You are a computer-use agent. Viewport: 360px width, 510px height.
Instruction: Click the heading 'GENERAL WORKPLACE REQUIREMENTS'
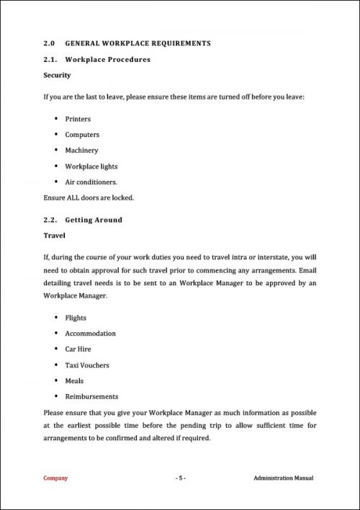click(138, 43)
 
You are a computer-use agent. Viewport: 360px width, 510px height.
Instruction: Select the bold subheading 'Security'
click(57, 75)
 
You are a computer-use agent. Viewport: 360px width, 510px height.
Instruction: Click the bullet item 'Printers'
click(78, 119)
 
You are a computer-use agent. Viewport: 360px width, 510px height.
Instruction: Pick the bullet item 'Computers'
click(82, 135)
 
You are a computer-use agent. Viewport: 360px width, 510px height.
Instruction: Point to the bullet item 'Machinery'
click(81, 151)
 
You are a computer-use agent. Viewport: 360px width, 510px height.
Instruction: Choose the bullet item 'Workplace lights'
click(91, 166)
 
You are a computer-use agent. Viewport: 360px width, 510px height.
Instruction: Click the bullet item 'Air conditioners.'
click(91, 182)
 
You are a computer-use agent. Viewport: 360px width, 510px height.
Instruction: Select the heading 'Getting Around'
click(94, 220)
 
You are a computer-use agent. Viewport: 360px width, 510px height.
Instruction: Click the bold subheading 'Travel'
click(55, 235)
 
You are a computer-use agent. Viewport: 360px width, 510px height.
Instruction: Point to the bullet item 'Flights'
click(76, 318)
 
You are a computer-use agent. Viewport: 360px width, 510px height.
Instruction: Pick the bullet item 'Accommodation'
click(90, 334)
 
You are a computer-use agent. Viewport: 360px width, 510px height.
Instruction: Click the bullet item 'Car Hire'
click(79, 349)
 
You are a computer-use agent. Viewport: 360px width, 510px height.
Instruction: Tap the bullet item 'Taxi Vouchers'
click(87, 365)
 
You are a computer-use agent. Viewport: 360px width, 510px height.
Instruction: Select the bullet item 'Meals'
click(74, 381)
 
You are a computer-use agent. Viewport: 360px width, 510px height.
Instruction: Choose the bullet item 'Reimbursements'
click(91, 397)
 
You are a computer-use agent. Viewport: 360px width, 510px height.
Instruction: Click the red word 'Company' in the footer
click(55, 478)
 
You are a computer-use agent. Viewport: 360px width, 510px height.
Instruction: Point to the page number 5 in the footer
click(181, 478)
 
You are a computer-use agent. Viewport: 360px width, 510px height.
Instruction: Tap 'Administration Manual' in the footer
click(284, 478)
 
